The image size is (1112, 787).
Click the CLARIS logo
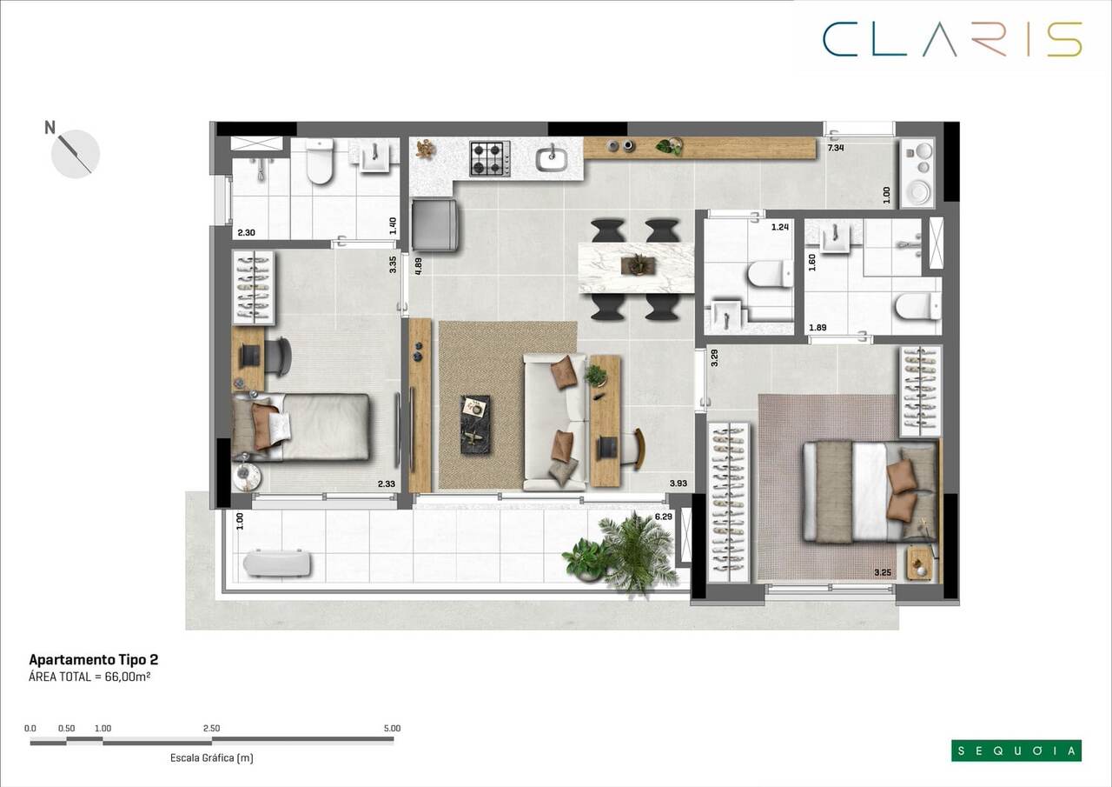tap(952, 39)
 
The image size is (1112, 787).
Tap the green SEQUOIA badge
tap(1016, 750)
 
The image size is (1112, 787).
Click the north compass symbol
tap(75, 153)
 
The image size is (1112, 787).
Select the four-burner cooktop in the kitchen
tap(490, 159)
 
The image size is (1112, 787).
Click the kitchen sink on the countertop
tap(552, 159)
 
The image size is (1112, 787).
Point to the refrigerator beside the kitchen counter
tap(434, 224)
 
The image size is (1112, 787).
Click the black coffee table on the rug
tap(474, 424)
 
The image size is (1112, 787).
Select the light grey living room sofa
tap(553, 422)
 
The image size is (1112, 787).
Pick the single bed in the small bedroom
tap(304, 427)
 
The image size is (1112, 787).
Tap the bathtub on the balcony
tap(276, 564)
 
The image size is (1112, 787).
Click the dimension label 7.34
tap(836, 149)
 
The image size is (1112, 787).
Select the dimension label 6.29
tap(663, 517)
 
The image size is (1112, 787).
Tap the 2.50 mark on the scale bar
tap(211, 728)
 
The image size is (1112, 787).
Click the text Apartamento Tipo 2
tap(94, 660)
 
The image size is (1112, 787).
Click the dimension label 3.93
tap(678, 484)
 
